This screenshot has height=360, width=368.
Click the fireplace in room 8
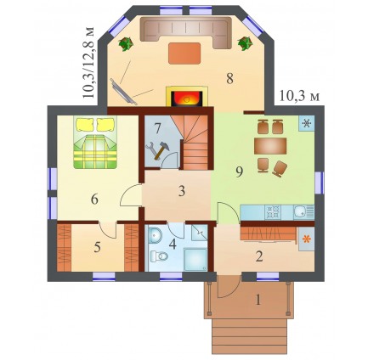[x=187, y=96]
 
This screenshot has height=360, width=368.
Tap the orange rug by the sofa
[x=184, y=53]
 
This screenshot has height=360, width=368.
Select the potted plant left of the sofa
[x=126, y=44]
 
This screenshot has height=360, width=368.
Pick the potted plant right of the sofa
[x=245, y=43]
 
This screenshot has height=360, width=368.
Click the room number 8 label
[x=229, y=78]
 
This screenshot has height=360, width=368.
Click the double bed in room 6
[x=95, y=143]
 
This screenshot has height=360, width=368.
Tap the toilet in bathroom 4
[x=159, y=256]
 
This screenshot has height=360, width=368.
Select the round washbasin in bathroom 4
[x=155, y=235]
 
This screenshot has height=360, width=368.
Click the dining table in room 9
[x=270, y=146]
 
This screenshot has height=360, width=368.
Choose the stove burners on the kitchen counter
[x=273, y=211]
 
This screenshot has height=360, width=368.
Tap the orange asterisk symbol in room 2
[x=307, y=239]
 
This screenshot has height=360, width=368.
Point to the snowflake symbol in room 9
[x=307, y=123]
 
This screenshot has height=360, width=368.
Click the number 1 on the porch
[x=258, y=300]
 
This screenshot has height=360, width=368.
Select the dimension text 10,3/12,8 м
[x=88, y=63]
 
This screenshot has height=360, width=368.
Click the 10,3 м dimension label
[x=299, y=96]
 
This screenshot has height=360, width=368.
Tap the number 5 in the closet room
[x=97, y=248]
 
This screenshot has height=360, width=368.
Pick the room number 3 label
[x=182, y=191]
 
